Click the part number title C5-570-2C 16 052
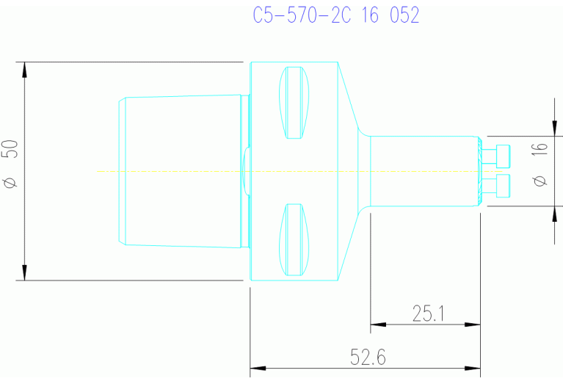click(x=335, y=16)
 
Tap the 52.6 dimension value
click(x=368, y=358)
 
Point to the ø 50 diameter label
click(x=10, y=165)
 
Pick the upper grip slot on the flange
click(x=294, y=103)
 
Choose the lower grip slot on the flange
click(x=294, y=239)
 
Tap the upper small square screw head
click(x=503, y=156)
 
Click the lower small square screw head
click(x=503, y=186)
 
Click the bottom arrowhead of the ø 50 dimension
click(x=25, y=272)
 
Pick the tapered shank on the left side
click(x=180, y=170)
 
